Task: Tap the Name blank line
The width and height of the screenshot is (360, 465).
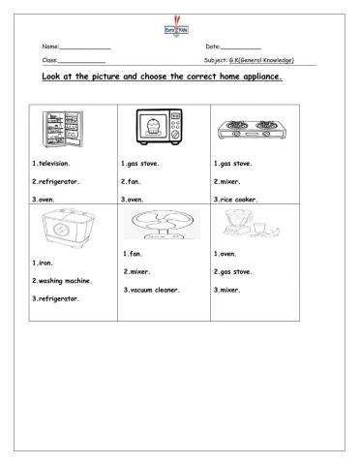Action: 85,48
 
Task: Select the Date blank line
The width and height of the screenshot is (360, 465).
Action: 242,48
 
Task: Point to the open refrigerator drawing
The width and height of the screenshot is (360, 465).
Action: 60,128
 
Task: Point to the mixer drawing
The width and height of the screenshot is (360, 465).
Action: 241,224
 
